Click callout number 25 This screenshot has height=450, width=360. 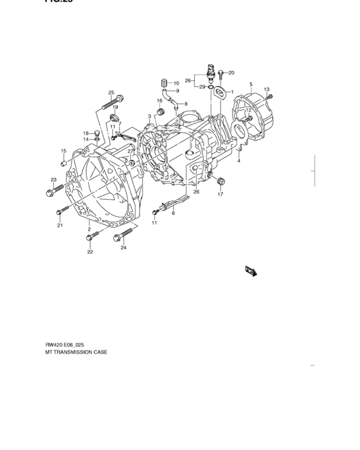(x=111, y=93)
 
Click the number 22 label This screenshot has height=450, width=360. (x=90, y=252)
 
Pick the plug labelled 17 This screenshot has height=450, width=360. (x=220, y=180)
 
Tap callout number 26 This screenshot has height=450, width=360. (x=197, y=192)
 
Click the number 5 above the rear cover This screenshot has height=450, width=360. (x=251, y=85)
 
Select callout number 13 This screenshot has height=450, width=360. (x=266, y=89)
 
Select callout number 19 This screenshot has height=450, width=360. (x=115, y=107)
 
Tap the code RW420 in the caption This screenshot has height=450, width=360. (x=53, y=344)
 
